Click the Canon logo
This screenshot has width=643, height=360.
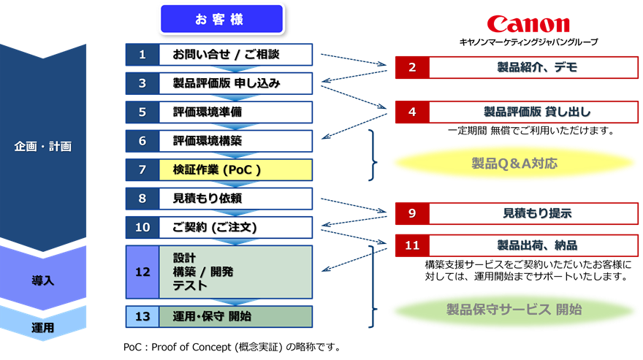(528, 23)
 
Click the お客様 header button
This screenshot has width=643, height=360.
(221, 20)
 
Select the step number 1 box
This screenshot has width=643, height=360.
(142, 54)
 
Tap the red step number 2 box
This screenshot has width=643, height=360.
(412, 67)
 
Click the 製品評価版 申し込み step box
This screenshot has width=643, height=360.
(236, 83)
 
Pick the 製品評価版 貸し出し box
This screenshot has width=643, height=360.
(536, 112)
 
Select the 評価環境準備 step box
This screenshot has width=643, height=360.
(236, 112)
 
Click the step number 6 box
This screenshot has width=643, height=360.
(142, 141)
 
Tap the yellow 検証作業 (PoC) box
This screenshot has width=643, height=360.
(236, 169)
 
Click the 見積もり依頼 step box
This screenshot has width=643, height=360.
(236, 198)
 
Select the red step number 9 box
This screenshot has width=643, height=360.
(412, 213)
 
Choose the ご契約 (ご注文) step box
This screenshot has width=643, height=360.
(236, 227)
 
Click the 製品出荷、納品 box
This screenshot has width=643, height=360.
(536, 245)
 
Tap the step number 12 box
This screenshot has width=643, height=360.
(142, 272)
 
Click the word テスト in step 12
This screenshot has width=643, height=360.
(190, 286)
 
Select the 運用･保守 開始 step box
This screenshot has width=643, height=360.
(236, 316)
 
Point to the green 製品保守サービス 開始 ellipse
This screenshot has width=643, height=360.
(514, 310)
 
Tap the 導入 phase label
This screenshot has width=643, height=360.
(43, 280)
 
